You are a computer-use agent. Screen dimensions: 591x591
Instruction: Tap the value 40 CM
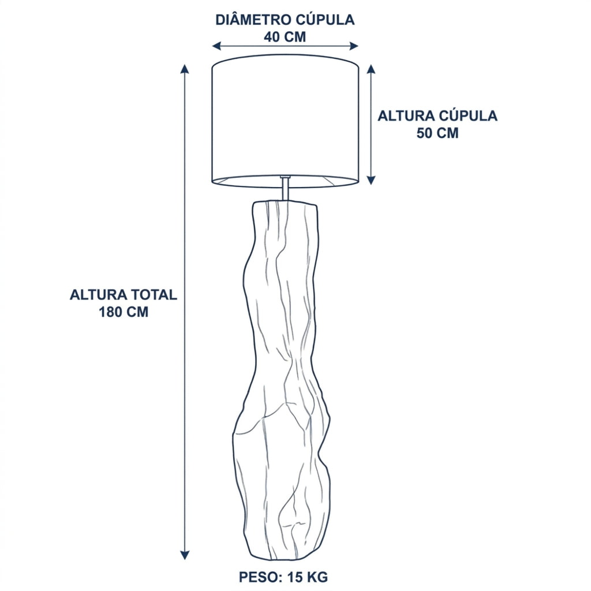pos(285,37)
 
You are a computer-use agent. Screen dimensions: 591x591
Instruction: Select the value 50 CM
pos(437,133)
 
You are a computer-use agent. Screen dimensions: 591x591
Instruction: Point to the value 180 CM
pos(124,312)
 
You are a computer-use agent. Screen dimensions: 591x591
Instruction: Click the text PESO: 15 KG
pos(283,577)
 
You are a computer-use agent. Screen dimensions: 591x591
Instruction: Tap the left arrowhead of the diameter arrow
pos(216,46)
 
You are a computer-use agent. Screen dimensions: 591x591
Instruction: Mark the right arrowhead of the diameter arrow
pos(354,46)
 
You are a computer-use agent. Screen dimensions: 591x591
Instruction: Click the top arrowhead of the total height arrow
pos(184,69)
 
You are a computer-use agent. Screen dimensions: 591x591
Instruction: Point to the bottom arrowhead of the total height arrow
pos(184,555)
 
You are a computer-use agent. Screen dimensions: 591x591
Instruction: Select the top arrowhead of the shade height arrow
pos(371,69)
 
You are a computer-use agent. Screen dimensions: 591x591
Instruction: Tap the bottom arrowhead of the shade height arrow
pos(371,180)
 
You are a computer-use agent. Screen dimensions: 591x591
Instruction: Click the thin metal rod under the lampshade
pos(286,189)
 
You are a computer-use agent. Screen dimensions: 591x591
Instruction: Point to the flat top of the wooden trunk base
pos(285,204)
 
